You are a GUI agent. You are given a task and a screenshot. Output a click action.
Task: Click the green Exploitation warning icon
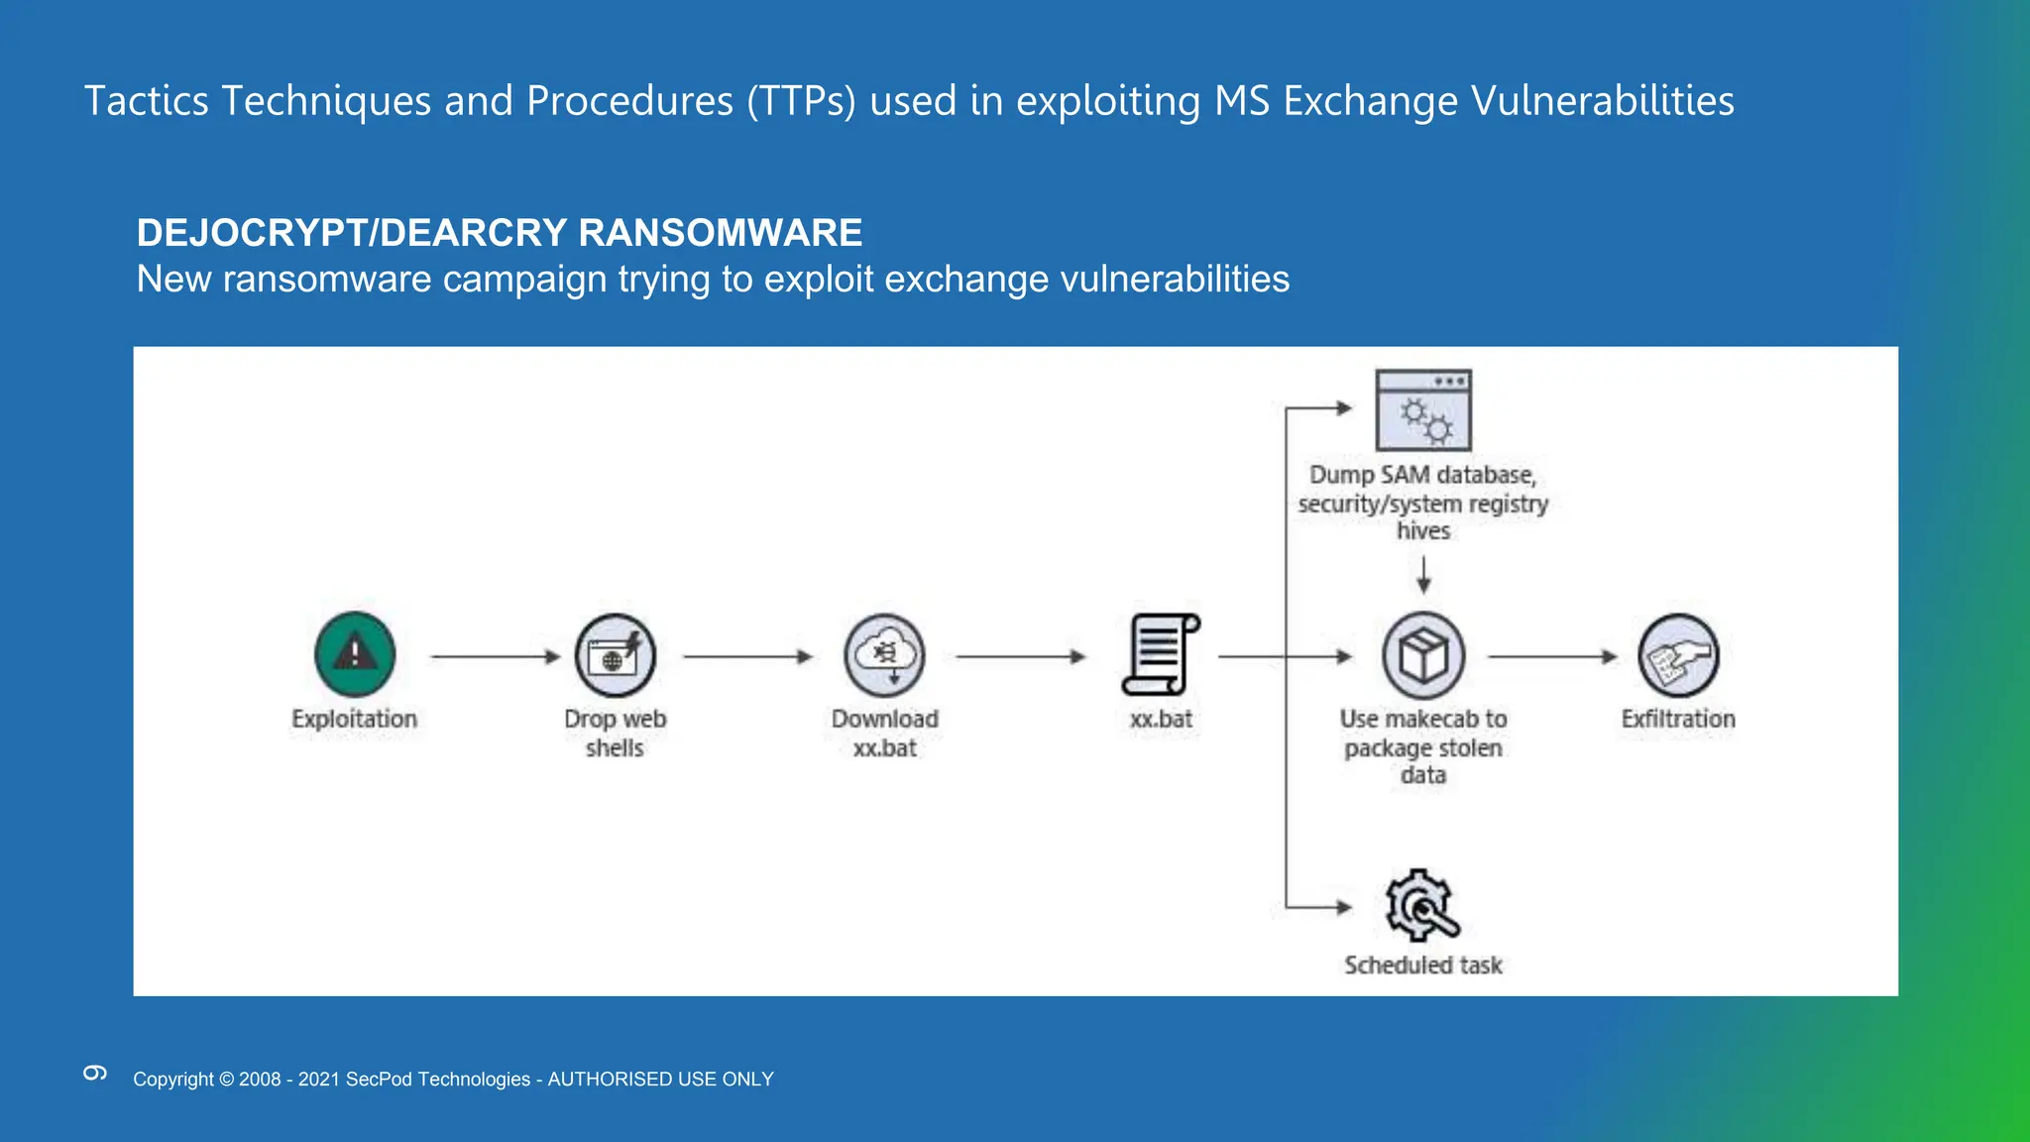pyautogui.click(x=355, y=654)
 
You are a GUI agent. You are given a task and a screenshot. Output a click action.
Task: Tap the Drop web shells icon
pyautogui.click(x=615, y=655)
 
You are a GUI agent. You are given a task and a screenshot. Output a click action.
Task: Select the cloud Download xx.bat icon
pyautogui.click(x=884, y=655)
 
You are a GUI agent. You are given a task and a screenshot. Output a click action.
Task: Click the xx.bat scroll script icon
pyautogui.click(x=1160, y=655)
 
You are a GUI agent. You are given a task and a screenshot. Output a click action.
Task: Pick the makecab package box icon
pyautogui.click(x=1423, y=655)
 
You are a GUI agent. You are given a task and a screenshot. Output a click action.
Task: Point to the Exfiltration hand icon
pyautogui.click(x=1678, y=655)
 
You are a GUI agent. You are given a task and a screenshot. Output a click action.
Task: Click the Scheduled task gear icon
pyautogui.click(x=1421, y=905)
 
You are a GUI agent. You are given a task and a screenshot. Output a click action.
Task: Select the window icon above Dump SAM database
pyautogui.click(x=1423, y=410)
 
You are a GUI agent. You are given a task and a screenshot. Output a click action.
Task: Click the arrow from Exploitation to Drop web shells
pyautogui.click(x=496, y=656)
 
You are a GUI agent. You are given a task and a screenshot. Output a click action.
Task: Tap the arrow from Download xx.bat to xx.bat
pyautogui.click(x=1021, y=656)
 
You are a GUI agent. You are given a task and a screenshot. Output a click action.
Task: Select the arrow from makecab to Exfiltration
pyautogui.click(x=1552, y=656)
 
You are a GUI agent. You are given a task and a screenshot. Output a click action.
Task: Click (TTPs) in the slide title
pyautogui.click(x=801, y=101)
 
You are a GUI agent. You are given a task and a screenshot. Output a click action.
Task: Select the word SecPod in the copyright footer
pyautogui.click(x=379, y=1079)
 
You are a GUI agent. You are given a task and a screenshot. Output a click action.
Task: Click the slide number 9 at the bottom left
pyautogui.click(x=95, y=1073)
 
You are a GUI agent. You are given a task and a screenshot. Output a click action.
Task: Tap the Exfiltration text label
pyautogui.click(x=1678, y=719)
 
